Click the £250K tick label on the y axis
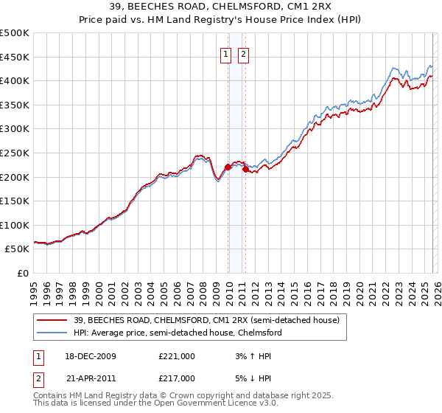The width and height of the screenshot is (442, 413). (15, 153)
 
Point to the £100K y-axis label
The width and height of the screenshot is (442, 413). (15, 225)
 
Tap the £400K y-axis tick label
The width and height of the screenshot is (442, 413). (15, 80)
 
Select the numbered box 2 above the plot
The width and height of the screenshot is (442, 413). (242, 53)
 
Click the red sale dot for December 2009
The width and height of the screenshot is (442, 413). (228, 167)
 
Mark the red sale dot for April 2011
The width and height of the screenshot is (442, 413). (245, 169)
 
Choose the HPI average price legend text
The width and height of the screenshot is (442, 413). (177, 333)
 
